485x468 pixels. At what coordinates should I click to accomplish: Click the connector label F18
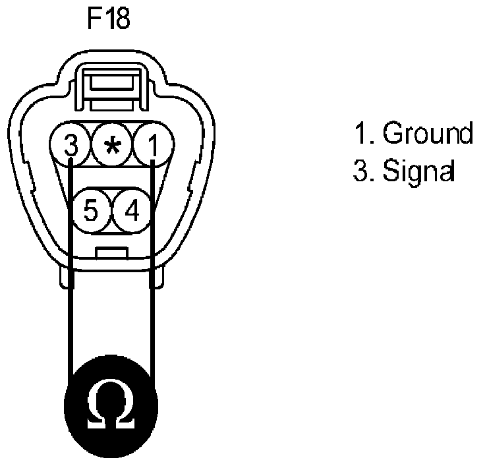[109, 19]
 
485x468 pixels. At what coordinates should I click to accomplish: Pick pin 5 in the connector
[92, 211]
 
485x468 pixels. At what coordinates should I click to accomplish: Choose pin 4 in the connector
[132, 211]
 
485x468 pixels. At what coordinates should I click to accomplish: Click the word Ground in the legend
[428, 134]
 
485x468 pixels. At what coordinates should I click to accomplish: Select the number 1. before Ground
[363, 134]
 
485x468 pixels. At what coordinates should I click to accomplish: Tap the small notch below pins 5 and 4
[111, 252]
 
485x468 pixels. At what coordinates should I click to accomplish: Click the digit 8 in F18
[123, 19]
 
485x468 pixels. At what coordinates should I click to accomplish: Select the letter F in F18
[94, 19]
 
